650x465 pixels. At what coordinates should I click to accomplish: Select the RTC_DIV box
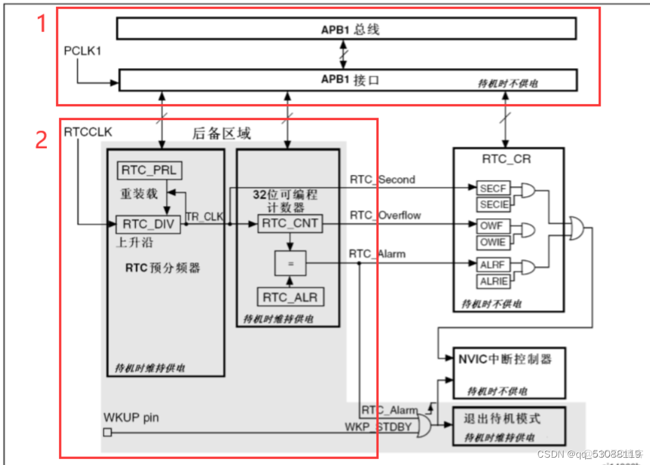149,224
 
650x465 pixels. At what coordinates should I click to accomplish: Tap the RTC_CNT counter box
290,224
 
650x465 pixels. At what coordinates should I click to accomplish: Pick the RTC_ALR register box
290,297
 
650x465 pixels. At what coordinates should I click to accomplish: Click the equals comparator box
290,264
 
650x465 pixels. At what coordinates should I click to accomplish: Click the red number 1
41,24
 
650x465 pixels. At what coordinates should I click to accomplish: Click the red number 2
41,140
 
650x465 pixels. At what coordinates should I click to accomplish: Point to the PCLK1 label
82,51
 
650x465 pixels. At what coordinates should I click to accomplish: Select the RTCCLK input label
88,132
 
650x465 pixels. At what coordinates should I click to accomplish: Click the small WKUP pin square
107,433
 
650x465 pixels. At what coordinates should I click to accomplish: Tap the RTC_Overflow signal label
385,216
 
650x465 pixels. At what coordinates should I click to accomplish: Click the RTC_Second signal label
382,180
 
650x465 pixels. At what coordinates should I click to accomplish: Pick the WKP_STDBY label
378,427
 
